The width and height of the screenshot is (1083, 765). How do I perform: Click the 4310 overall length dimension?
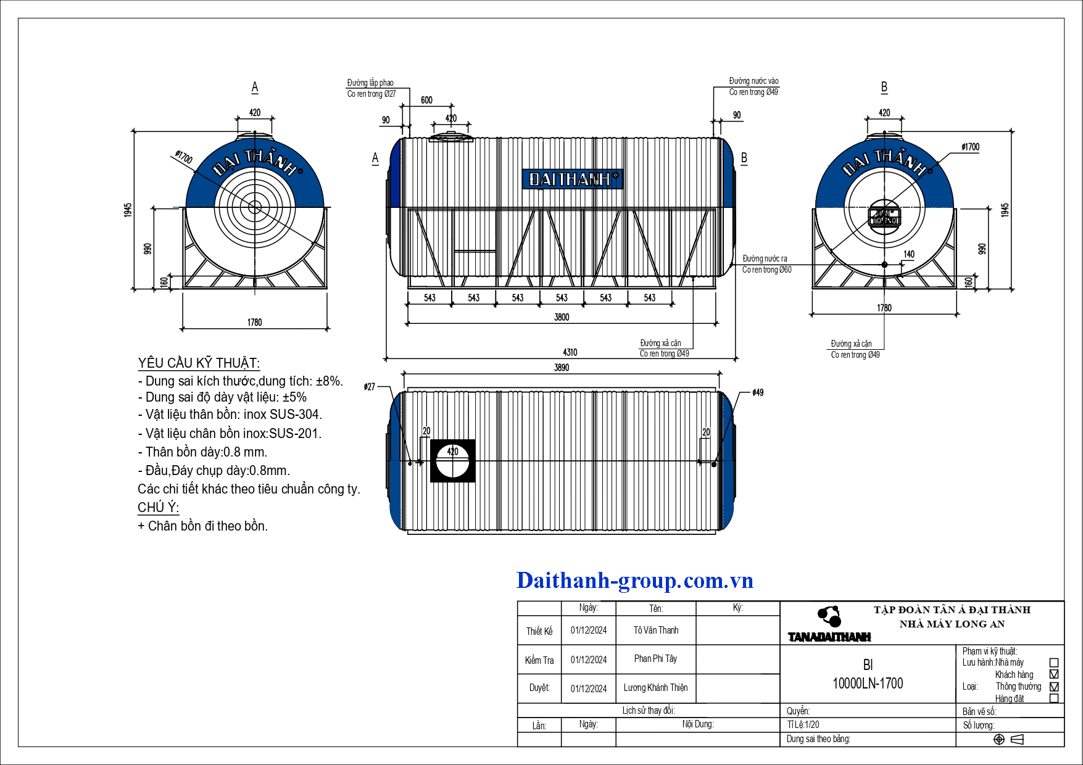point(570,352)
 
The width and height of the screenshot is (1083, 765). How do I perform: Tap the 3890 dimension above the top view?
point(562,368)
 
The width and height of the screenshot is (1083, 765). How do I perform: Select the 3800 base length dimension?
point(562,317)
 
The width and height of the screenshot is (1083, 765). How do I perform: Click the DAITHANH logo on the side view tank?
point(573,179)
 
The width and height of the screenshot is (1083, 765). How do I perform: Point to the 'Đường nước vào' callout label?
point(753,81)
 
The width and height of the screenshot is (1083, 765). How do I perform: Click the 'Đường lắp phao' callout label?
point(370,83)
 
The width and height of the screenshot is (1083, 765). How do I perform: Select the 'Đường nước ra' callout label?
point(765,258)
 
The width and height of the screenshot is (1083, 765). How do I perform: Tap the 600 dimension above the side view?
point(426,100)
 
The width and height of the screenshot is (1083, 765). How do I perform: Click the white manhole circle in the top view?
point(452,461)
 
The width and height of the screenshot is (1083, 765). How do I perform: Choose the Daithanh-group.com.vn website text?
point(634,581)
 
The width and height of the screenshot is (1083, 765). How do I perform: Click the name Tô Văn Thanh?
point(656,630)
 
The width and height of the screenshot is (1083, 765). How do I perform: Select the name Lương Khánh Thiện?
point(655,687)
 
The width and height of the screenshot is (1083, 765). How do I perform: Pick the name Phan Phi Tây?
point(655,658)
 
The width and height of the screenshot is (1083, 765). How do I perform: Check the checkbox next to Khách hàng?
point(1054,674)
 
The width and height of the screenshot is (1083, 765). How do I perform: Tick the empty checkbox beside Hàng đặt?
point(1054,698)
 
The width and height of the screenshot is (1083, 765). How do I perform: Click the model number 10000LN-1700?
point(868,683)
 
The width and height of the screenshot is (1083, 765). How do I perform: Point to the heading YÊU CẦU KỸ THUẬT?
point(199,363)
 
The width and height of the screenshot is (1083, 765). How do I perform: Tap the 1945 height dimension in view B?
point(1005,210)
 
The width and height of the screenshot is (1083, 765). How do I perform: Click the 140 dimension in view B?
point(909,254)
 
